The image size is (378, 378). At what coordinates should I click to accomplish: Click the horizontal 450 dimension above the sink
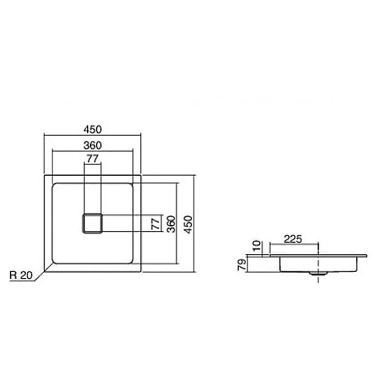92,129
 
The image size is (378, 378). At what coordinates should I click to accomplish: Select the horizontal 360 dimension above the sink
92,145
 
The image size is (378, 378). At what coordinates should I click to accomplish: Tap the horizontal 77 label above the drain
92,158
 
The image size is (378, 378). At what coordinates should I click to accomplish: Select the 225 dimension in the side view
292,239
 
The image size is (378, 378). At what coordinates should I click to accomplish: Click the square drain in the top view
92,224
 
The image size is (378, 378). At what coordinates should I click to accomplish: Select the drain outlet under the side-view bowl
318,274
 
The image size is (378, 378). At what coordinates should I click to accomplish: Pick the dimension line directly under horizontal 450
92,135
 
